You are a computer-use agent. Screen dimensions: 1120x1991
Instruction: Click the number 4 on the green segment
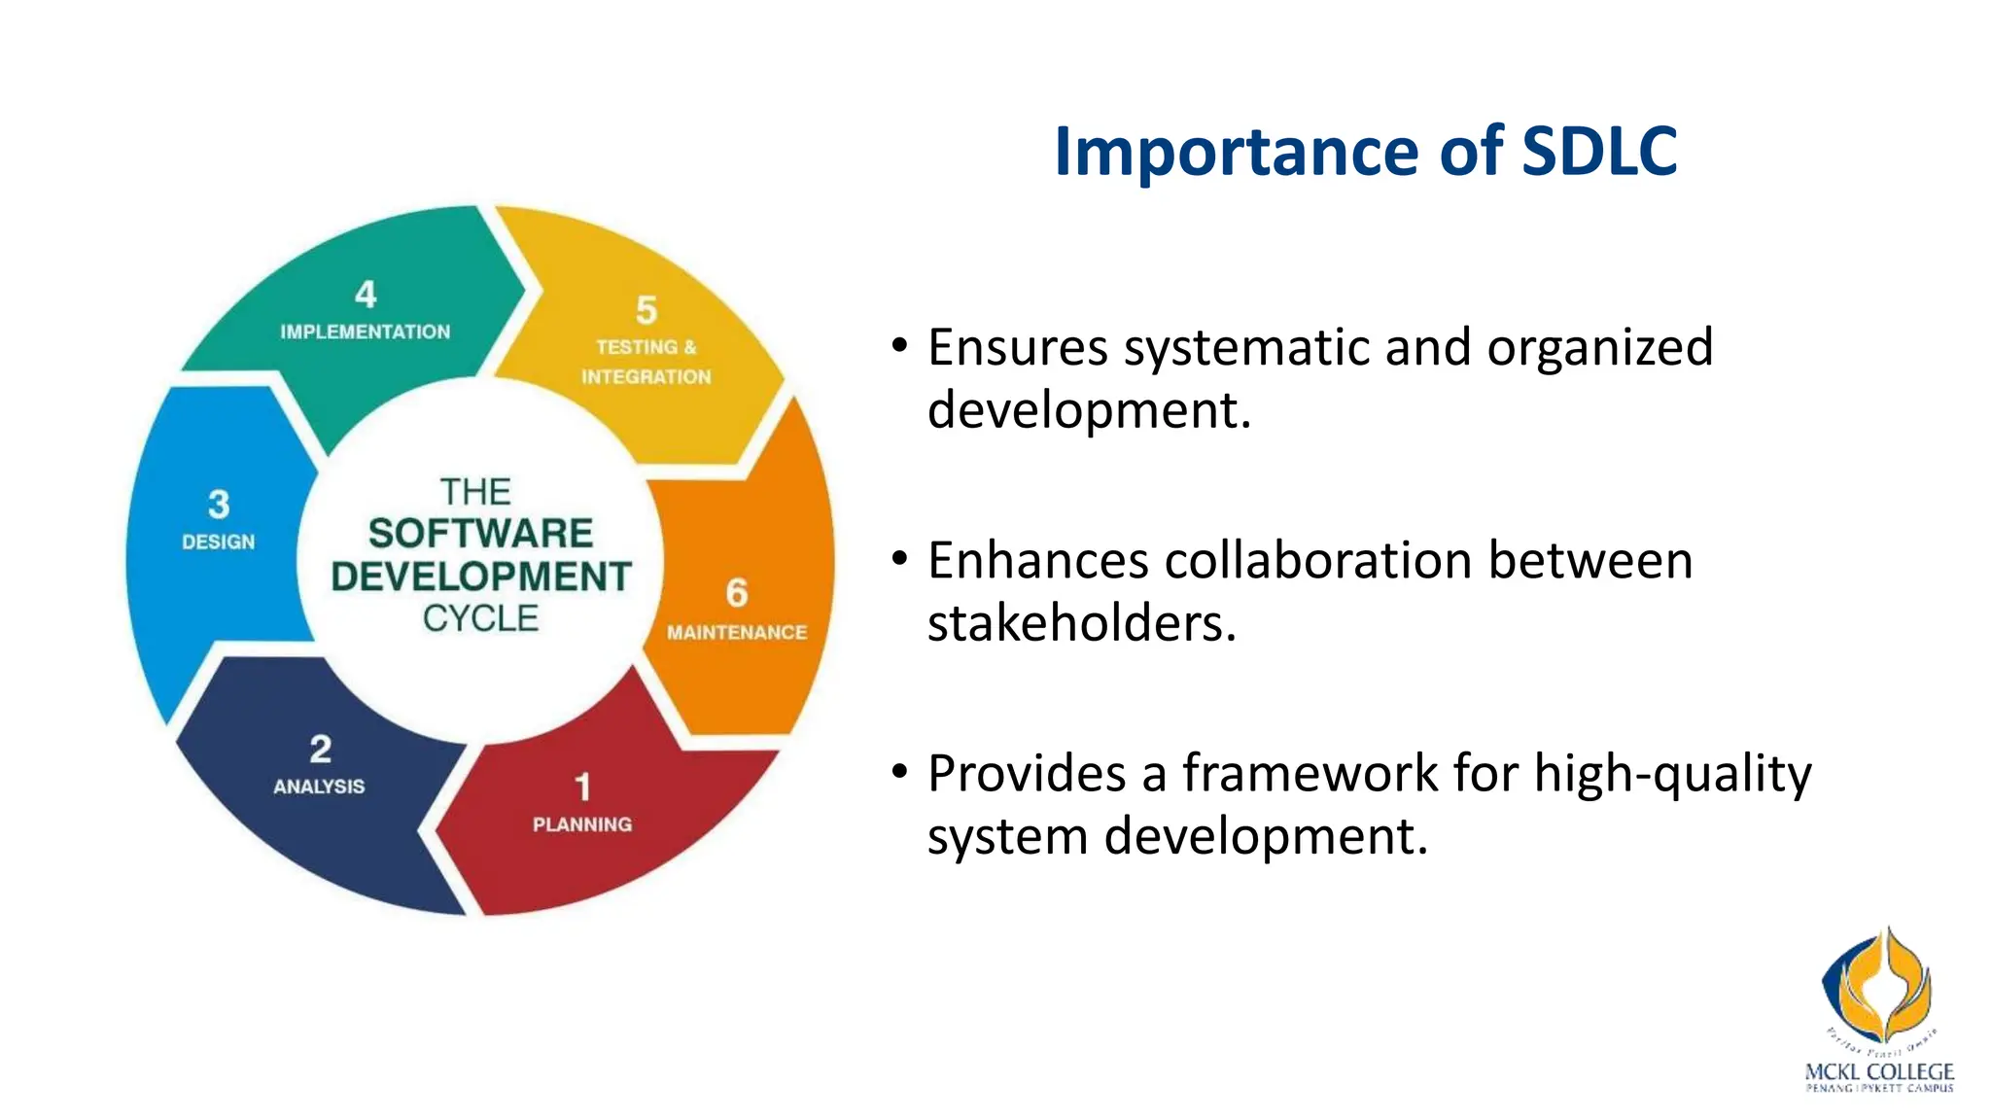pos(366,295)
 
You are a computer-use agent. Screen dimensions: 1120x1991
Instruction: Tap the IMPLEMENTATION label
pos(366,332)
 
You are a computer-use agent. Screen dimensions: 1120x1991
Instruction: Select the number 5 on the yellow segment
pos(646,311)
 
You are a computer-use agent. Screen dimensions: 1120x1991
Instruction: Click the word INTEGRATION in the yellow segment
pos(646,377)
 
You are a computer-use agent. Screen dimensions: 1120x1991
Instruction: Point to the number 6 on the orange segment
pos(737,593)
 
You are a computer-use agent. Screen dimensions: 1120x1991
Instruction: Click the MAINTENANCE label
pos(737,633)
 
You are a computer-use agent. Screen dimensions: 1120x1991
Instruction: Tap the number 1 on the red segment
pos(582,787)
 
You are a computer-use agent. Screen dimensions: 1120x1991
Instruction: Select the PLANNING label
pos(582,824)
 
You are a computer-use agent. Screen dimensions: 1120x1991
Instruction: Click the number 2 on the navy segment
pos(321,749)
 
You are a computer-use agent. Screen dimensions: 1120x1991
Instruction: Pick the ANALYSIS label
pos(319,787)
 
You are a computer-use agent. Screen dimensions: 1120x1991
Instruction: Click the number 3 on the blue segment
pos(219,505)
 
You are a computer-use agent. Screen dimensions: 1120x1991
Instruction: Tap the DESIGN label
pos(219,542)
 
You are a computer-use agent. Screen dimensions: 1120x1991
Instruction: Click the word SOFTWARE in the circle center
pos(480,534)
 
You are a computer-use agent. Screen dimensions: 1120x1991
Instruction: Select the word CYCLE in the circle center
pos(480,619)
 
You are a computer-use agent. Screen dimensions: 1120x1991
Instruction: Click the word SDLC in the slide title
pos(1599,152)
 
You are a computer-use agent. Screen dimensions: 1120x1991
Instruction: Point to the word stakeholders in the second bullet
pos(1081,623)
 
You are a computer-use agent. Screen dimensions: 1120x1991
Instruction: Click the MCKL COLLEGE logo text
pos(1878,1072)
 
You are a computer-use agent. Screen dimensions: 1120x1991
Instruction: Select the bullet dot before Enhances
pos(900,558)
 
